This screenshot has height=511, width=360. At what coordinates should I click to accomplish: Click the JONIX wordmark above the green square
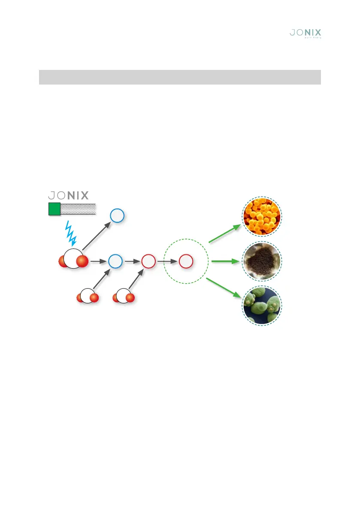[x=68, y=196]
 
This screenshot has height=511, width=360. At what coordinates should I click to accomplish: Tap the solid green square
[x=54, y=209]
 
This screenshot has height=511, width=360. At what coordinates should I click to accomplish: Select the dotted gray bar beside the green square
[x=78, y=209]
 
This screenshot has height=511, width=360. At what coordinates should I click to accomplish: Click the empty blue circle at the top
[x=117, y=215]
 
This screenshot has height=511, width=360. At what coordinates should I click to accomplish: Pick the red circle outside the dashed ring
[x=148, y=261]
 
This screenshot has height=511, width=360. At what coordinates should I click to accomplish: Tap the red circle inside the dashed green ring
[x=186, y=261]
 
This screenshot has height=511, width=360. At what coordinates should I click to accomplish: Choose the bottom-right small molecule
[x=124, y=296]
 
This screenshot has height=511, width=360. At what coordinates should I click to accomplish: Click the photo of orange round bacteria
[x=262, y=220]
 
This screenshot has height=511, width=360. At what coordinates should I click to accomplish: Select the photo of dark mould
[x=262, y=261]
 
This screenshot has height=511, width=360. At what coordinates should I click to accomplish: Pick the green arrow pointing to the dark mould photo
[x=225, y=261]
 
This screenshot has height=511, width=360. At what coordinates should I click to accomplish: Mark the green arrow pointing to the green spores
[x=224, y=287]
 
